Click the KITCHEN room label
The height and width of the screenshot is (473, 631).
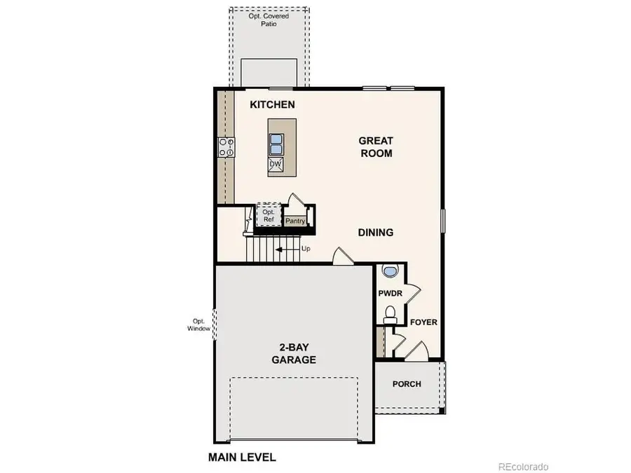[273, 105]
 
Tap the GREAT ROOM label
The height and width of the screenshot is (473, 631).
[376, 147]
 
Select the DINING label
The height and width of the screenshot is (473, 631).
[375, 233]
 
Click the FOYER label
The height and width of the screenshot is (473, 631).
[423, 323]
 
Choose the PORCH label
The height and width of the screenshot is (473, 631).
[407, 384]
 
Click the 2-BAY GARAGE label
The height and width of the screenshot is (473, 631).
[294, 354]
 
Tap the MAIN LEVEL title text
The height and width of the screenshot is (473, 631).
[242, 458]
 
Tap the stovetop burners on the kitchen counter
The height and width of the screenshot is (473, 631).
[226, 147]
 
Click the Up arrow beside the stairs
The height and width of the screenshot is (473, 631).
[287, 249]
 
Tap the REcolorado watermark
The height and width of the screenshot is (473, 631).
[523, 466]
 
